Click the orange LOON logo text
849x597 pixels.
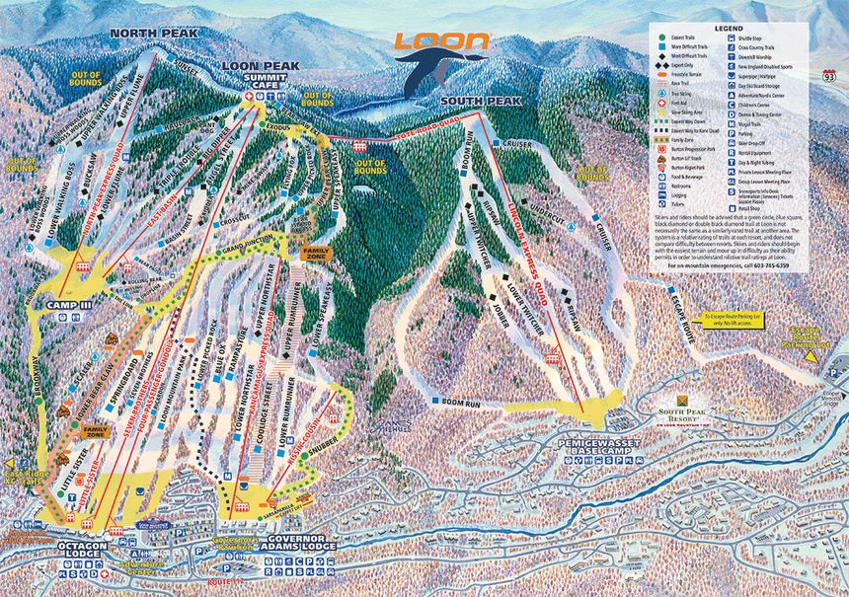[442, 41]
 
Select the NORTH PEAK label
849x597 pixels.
[153, 33]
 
